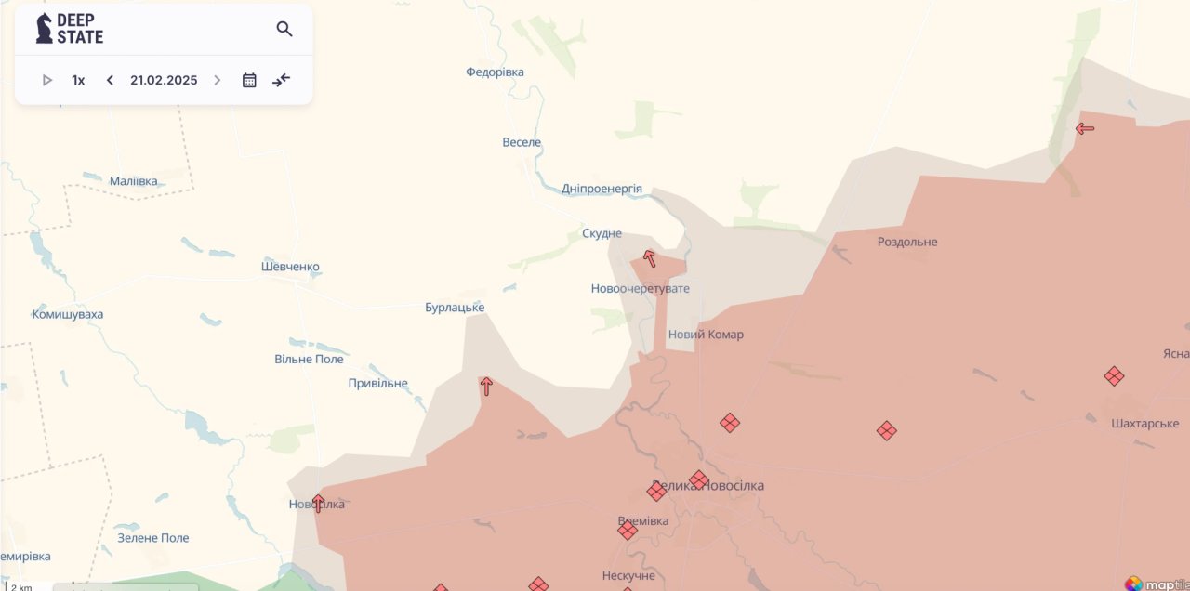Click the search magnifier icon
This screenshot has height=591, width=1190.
[x=284, y=29]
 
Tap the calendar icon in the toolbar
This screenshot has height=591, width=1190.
[x=249, y=80]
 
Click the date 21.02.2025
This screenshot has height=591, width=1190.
[x=164, y=80]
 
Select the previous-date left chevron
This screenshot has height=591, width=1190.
[x=110, y=80]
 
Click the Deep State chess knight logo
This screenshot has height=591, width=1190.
[x=44, y=29]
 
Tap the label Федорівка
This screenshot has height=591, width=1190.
[x=495, y=72]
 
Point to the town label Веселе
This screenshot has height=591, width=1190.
[x=522, y=142]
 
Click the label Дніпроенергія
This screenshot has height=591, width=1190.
[x=602, y=189]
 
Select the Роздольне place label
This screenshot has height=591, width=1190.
[x=907, y=242]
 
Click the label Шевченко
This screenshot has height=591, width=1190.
[x=290, y=267]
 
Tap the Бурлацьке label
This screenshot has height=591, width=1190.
[x=455, y=308]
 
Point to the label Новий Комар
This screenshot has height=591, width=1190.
[x=706, y=335]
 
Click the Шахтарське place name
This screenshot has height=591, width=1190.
[x=1145, y=423]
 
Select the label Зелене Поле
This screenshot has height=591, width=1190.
[x=153, y=538]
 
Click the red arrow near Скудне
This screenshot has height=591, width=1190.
[x=650, y=258]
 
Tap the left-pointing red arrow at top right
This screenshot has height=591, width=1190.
[x=1084, y=128]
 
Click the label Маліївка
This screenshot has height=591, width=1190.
[x=134, y=181]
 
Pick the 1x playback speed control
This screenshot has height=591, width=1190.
[x=78, y=80]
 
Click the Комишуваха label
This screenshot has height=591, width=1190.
[x=68, y=314]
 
